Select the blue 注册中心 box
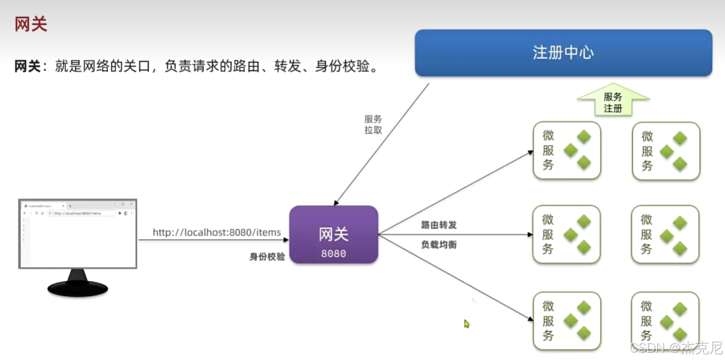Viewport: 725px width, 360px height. click(x=563, y=53)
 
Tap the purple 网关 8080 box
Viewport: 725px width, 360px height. click(x=334, y=235)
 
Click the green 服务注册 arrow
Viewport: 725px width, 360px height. click(x=612, y=101)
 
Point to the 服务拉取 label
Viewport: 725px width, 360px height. click(x=373, y=124)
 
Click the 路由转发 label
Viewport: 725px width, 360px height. click(x=439, y=225)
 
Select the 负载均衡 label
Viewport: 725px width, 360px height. click(x=439, y=245)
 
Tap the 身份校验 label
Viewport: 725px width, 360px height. click(x=267, y=257)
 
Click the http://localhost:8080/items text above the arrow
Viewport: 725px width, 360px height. click(x=216, y=232)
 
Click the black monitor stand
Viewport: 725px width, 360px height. click(x=78, y=284)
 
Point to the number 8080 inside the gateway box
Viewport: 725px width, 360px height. click(x=334, y=254)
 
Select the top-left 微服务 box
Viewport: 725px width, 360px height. click(x=566, y=150)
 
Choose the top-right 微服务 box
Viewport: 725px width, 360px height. click(x=666, y=151)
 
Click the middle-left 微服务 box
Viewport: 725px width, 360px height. click(x=566, y=235)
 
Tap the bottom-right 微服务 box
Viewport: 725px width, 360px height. click(x=665, y=320)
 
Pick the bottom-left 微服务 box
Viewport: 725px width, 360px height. click(x=566, y=320)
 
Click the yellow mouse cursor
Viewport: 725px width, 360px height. click(x=466, y=324)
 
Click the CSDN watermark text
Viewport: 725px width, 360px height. click(x=676, y=347)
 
